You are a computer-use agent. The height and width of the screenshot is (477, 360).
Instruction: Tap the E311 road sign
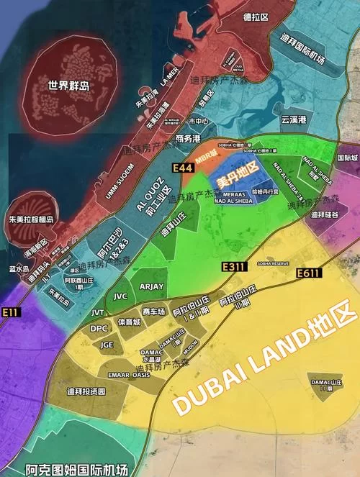[234, 267]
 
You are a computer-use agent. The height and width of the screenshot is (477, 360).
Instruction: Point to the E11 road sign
[10, 312]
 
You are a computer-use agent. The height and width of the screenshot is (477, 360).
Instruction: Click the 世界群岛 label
[69, 85]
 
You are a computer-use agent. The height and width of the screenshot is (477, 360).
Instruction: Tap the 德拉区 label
[255, 17]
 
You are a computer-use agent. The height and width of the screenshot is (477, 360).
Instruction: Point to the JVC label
[120, 295]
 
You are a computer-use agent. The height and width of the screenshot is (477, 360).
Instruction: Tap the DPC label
[99, 328]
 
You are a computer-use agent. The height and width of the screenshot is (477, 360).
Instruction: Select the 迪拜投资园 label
[86, 391]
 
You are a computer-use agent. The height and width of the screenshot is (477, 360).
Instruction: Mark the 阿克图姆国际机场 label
[76, 468]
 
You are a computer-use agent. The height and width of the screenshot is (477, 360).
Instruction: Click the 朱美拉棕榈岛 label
[32, 219]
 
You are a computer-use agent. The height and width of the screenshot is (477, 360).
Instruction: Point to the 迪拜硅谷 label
[324, 214]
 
